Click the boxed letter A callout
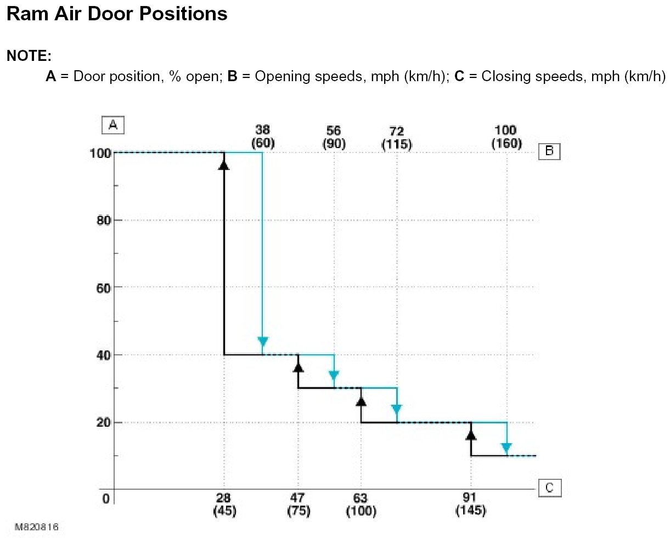(x=113, y=125)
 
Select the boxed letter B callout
(x=549, y=151)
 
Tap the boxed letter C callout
(x=549, y=488)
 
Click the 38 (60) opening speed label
(x=263, y=137)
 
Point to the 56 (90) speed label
(x=334, y=137)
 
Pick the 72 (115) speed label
(x=396, y=138)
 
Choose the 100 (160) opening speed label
(x=505, y=137)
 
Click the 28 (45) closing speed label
(x=224, y=505)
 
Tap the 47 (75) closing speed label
(x=298, y=505)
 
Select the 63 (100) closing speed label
(x=361, y=505)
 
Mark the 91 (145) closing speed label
(x=471, y=505)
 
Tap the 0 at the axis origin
(x=106, y=499)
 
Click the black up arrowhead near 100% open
(x=224, y=163)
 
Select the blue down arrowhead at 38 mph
(x=263, y=343)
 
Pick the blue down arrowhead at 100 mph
(x=506, y=448)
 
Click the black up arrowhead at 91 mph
(x=471, y=434)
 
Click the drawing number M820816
(x=36, y=527)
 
